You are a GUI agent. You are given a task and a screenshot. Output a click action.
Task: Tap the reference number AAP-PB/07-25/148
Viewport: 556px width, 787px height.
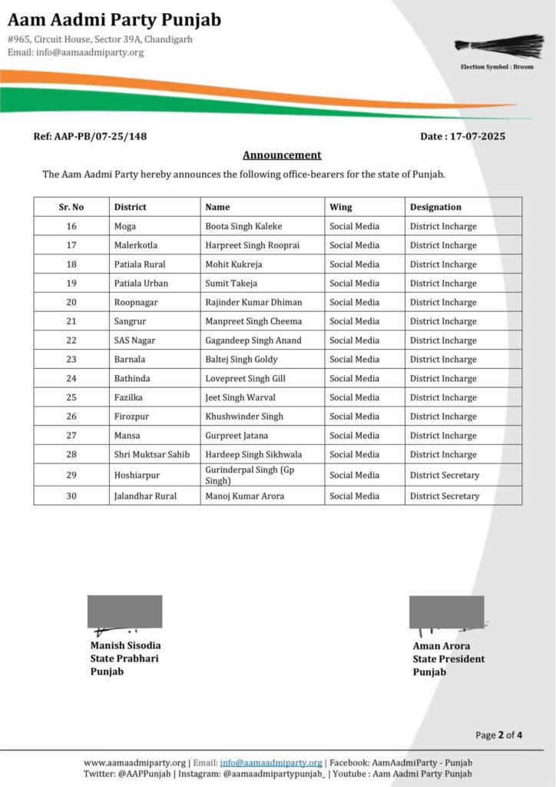coord(91,136)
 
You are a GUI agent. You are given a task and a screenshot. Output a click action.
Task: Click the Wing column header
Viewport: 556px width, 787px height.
coord(341,207)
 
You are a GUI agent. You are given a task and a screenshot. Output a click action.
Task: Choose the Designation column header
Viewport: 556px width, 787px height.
coord(435,207)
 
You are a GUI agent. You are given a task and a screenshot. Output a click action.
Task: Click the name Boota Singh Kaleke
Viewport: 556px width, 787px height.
coord(243,227)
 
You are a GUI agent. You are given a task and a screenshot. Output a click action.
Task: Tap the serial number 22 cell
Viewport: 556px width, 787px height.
coord(71,340)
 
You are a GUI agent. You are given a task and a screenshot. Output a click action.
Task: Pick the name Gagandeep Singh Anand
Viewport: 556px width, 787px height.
coord(253,340)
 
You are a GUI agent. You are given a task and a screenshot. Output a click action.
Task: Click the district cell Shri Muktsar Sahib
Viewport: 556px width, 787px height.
coord(152,454)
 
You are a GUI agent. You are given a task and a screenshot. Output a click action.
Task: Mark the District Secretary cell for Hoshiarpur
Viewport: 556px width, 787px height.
coord(445,475)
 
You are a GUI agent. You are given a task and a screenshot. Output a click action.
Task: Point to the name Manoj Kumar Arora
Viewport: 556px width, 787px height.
coord(244,496)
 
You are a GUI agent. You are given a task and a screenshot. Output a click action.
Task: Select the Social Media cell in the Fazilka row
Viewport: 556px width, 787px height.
coord(354,397)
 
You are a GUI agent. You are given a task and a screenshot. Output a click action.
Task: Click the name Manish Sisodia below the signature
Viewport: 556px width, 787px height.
coord(125,646)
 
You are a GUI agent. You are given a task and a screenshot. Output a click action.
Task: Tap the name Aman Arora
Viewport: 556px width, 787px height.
coord(441,646)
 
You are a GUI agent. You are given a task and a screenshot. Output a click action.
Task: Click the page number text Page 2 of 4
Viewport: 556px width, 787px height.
coord(499,736)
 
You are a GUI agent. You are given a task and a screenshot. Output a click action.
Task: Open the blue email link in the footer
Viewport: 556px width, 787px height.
coord(271,762)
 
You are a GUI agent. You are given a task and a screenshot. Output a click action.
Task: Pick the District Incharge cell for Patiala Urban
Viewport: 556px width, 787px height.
coord(443,284)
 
